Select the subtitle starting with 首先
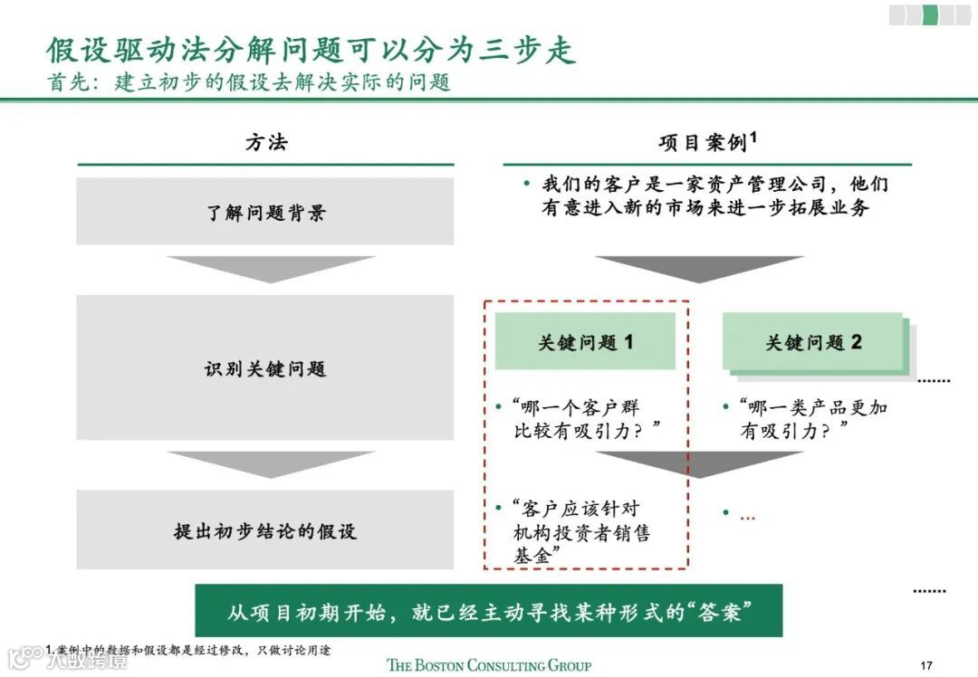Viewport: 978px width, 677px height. [x=248, y=82]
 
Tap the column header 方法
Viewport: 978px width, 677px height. [x=265, y=143]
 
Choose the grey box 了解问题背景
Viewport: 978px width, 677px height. [x=265, y=213]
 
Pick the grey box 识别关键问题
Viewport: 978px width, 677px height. [x=265, y=368]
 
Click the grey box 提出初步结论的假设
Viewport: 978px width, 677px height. [x=265, y=530]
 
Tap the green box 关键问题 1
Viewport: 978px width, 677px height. [x=585, y=342]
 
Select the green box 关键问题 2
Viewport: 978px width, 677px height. [x=812, y=342]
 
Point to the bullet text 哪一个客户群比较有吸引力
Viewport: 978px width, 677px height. [x=583, y=419]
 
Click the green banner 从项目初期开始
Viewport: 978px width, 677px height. [x=488, y=610]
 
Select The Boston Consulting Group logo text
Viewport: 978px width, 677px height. [x=488, y=665]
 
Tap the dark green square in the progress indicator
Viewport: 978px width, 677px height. [x=929, y=14]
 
